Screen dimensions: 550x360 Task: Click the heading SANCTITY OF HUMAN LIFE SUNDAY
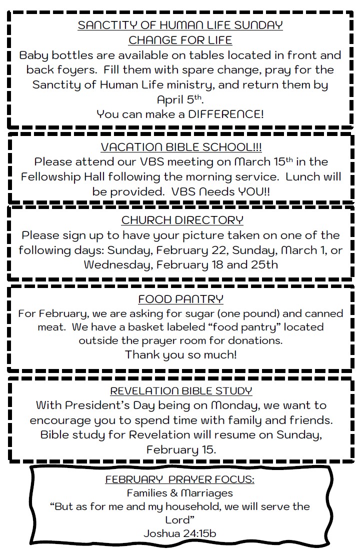point(180,25)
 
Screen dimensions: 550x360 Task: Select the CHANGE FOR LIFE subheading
point(180,39)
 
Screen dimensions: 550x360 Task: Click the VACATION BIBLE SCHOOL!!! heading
point(181,147)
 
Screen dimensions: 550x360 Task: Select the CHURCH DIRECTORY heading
point(182,220)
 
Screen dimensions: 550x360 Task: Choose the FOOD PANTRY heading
point(180,299)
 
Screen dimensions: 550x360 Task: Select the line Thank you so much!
point(180,354)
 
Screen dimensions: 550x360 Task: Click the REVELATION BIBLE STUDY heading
point(181,390)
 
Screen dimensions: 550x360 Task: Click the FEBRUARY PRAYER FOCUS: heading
point(179,479)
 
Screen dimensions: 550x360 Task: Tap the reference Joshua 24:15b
point(180,533)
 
